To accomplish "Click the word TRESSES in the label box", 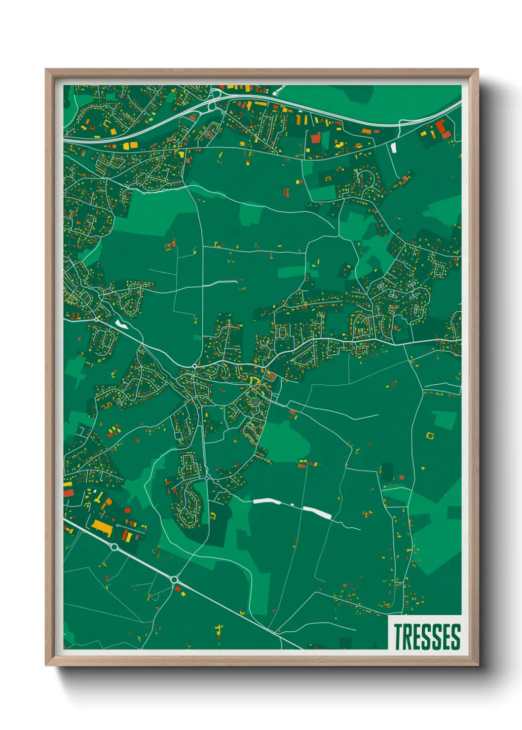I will pos(427,636).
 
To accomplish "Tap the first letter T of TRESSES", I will pos(398,636).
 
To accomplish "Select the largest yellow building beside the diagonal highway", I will pos(103,527).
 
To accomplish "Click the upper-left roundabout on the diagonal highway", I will pos(114,547).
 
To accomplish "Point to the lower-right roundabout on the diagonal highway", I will pos(175,580).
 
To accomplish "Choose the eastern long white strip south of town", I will pos(317,511).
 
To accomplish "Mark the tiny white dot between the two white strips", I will pos(293,504).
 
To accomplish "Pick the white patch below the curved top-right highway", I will pos(393,147).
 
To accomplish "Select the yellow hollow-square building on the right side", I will pos(430,436).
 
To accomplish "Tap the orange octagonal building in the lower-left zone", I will pos(108,502).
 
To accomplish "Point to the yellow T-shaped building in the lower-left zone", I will pos(97,495).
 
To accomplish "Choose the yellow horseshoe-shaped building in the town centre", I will pos(255,380).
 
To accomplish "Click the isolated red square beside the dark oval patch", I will pos(401,476).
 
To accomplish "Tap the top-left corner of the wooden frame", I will pos(46,70).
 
